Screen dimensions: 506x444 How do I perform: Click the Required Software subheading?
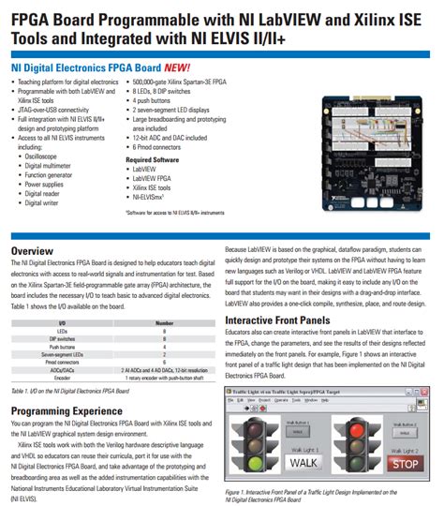click(x=152, y=159)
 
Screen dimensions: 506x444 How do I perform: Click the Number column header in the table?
click(x=164, y=322)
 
